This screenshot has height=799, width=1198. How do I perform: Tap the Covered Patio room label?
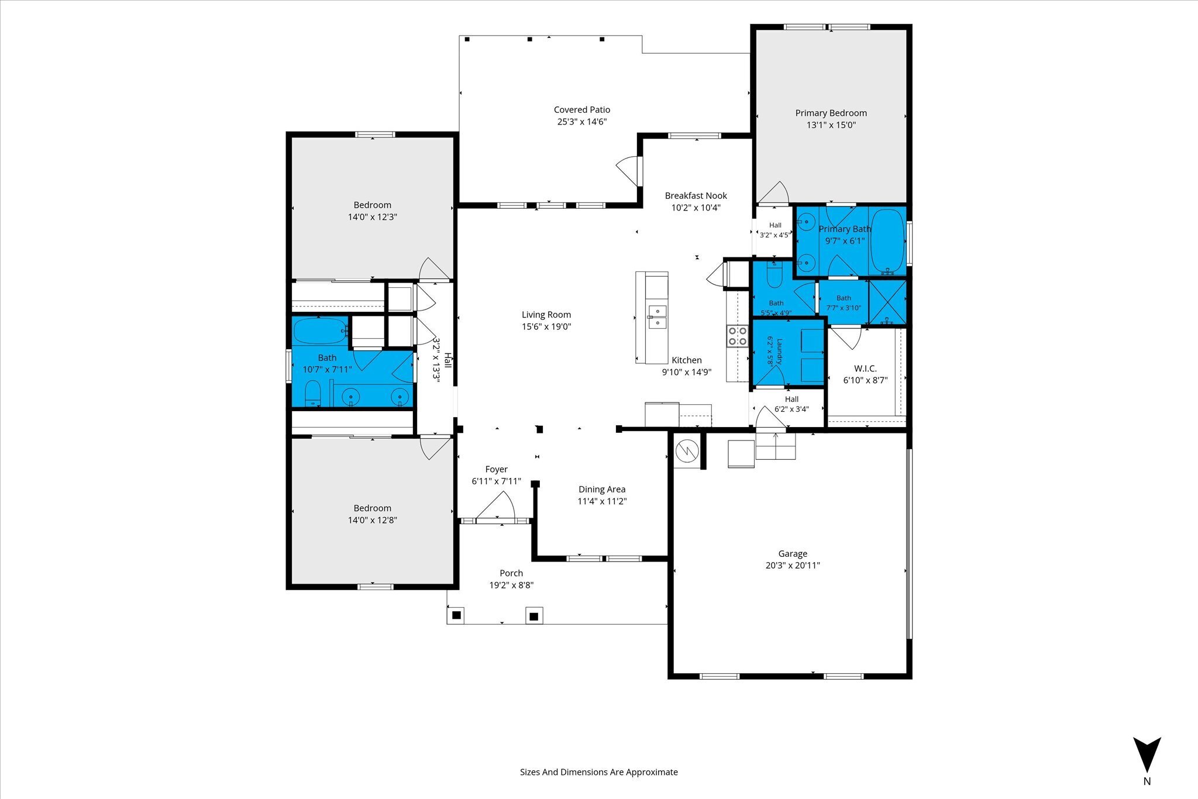tap(582, 109)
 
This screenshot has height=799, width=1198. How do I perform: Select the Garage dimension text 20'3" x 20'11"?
tap(793, 566)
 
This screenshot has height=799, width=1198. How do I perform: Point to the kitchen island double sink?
tap(657, 316)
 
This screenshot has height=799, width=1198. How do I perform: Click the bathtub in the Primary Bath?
tap(887, 241)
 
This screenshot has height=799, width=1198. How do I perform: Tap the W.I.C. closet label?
tap(865, 368)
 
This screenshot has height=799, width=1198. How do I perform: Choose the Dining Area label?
tap(602, 489)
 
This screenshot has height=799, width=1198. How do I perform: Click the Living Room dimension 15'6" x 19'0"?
tap(546, 326)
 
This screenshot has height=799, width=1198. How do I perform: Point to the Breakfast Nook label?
tap(696, 195)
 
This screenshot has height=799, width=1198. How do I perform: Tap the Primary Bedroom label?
tap(831, 113)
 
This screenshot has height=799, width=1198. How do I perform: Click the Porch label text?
tap(511, 573)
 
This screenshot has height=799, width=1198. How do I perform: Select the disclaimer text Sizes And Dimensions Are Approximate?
tap(599, 772)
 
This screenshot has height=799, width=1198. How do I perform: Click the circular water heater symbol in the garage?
tap(687, 450)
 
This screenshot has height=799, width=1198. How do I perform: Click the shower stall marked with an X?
tap(887, 302)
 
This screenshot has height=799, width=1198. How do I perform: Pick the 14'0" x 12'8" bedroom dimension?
tap(373, 520)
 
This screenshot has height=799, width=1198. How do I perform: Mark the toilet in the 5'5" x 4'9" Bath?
tap(774, 275)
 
